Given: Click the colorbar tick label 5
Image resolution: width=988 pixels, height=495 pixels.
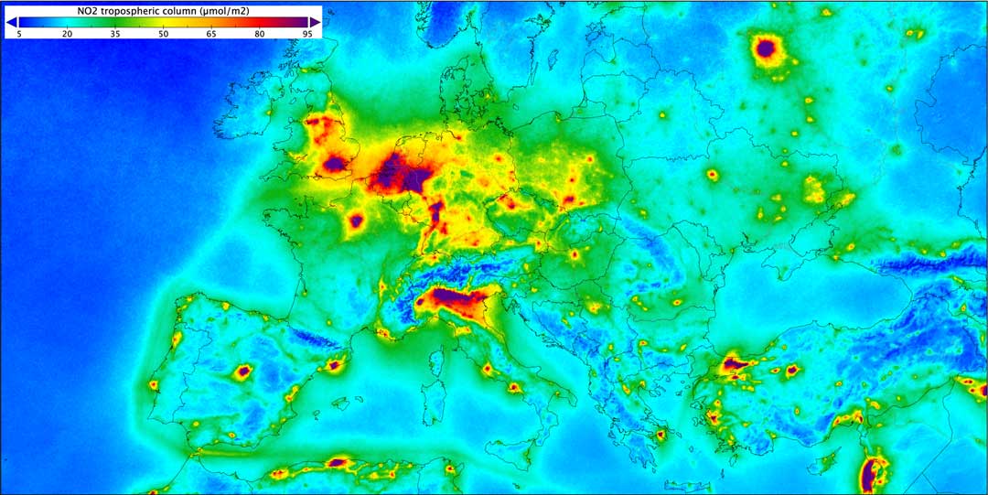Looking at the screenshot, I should point(19,33).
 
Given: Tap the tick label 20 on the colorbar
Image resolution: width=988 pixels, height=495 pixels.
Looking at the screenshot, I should point(67,33).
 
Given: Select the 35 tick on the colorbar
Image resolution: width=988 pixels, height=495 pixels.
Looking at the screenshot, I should point(115,33).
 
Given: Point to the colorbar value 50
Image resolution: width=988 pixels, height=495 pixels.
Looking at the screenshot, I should point(163,33).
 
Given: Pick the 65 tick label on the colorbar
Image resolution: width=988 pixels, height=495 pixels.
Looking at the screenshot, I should point(211,33).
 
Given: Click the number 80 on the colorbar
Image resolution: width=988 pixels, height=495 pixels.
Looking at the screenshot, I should point(260,33).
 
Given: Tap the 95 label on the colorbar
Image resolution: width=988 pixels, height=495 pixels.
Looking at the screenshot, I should point(306,33).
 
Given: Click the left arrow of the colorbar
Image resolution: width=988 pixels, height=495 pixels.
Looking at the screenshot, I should point(11,21).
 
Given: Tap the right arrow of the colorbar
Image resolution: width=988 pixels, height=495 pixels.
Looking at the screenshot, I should point(315,21).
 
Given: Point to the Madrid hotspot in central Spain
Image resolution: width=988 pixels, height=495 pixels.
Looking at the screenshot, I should point(243,371).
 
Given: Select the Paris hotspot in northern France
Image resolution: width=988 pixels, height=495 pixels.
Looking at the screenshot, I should point(357,220).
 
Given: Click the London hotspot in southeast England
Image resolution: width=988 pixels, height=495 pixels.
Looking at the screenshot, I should point(335,164).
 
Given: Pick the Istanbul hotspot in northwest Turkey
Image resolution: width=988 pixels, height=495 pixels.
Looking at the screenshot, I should point(735,365).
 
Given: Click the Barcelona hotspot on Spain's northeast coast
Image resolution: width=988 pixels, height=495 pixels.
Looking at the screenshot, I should point(334,365).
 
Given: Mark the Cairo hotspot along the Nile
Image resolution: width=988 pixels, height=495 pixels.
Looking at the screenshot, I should point(871,473).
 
